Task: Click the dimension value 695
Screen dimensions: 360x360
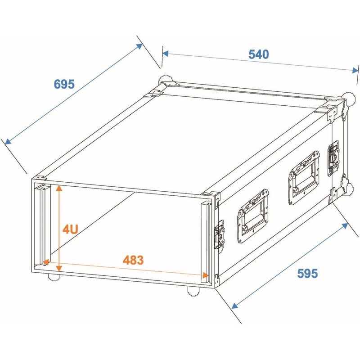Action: tap(64, 84)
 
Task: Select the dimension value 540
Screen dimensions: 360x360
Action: tap(259, 54)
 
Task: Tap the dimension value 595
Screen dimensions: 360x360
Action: tap(307, 273)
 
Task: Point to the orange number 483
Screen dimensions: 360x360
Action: tap(133, 260)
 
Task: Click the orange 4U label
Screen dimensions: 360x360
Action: tap(71, 229)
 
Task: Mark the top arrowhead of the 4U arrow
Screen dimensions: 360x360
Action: tap(58, 187)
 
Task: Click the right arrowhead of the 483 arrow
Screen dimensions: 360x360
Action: tap(206, 275)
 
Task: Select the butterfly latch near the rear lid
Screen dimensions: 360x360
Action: tap(334, 157)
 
